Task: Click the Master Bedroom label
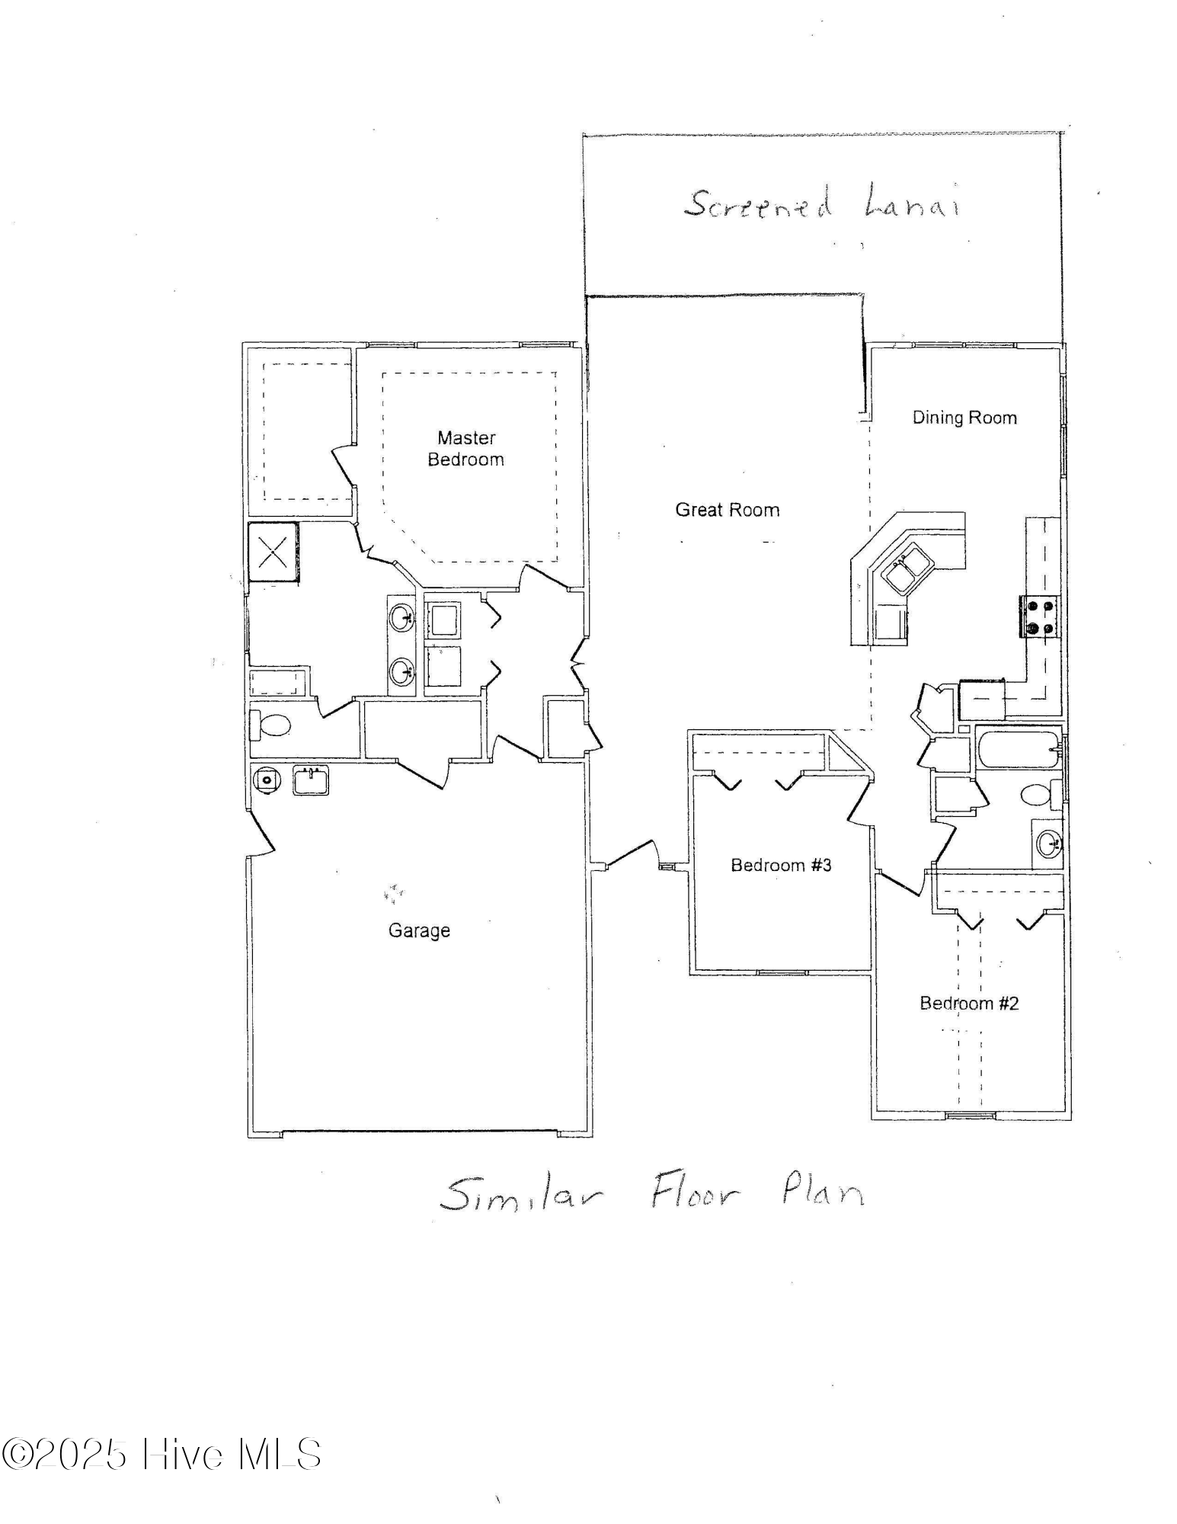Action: click(x=465, y=448)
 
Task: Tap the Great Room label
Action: click(x=727, y=510)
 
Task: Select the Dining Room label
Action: click(x=964, y=418)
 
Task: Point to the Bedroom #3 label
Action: click(x=781, y=865)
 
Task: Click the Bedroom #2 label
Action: click(x=968, y=1003)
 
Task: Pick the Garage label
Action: click(x=419, y=930)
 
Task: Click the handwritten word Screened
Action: click(x=757, y=204)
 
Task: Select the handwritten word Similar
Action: click(x=521, y=1194)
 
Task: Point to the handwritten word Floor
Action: click(x=694, y=1193)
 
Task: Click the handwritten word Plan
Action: click(x=823, y=1189)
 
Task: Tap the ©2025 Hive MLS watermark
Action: click(x=161, y=1454)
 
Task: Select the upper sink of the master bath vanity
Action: click(x=401, y=617)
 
